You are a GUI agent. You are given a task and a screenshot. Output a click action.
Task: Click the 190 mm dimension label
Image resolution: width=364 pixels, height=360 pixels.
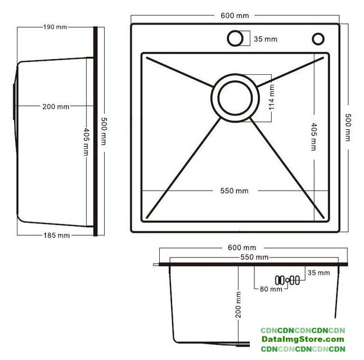(55, 27)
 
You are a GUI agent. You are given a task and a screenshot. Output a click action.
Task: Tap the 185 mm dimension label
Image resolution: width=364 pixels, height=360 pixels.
(57, 235)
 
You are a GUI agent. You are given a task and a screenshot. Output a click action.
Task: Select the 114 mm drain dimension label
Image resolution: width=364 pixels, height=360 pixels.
(272, 97)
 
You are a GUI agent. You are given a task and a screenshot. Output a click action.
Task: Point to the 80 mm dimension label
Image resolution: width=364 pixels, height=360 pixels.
(271, 289)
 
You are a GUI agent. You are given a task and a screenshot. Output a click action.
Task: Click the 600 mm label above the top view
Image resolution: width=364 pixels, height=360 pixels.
(235, 16)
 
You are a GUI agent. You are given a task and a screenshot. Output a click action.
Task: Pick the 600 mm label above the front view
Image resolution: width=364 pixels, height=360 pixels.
(242, 247)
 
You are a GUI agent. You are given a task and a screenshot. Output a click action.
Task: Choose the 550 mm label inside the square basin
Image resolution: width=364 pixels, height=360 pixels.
(234, 191)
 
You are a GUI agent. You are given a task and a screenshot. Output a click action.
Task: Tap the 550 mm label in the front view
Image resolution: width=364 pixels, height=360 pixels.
(254, 257)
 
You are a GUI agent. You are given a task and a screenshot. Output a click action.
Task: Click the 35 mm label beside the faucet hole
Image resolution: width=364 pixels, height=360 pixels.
(266, 39)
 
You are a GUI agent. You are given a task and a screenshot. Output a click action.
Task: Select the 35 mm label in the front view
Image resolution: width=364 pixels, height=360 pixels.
(319, 272)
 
